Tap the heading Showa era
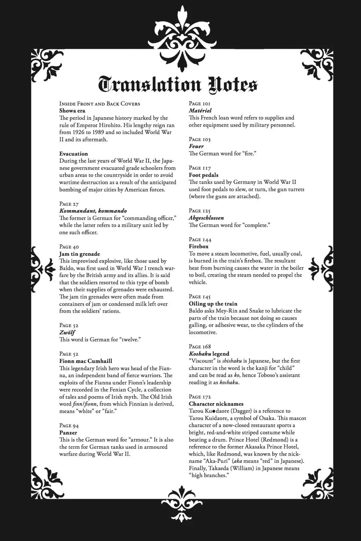click(72, 111)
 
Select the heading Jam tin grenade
click(79, 254)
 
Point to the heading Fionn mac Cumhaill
click(85, 361)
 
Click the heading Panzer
click(68, 432)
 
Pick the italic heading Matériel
click(200, 111)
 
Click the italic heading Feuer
click(196, 146)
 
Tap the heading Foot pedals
click(204, 175)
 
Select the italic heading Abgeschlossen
click(206, 218)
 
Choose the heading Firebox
click(199, 246)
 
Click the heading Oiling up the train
click(213, 304)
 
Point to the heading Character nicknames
click(216, 404)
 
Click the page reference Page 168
click(200, 346)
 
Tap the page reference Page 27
click(69, 204)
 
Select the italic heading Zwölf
click(67, 332)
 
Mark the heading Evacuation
click(73, 153)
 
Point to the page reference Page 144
click(200, 239)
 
